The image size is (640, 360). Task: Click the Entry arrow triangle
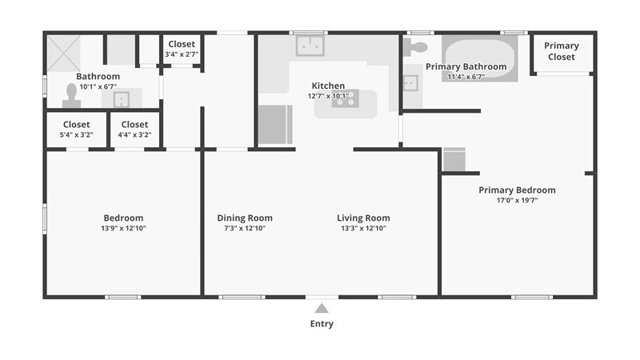[322, 308]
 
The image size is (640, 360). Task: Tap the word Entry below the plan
[322, 324]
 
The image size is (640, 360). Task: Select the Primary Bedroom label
[517, 190]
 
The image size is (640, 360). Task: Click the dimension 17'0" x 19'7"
[517, 201]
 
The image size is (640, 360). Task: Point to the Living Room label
[363, 218]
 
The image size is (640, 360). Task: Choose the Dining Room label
[245, 218]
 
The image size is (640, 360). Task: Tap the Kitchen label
[328, 86]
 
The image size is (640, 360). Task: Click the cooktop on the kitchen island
[345, 99]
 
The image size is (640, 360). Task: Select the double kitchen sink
[310, 46]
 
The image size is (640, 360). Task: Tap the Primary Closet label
[562, 51]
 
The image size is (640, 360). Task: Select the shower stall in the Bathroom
[62, 53]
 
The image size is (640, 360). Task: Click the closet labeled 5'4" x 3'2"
[76, 130]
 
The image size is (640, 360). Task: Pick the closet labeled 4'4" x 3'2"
[134, 130]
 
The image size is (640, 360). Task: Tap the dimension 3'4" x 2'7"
[182, 54]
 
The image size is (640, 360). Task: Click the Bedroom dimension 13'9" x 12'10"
[123, 228]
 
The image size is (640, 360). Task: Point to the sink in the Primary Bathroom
[410, 82]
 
